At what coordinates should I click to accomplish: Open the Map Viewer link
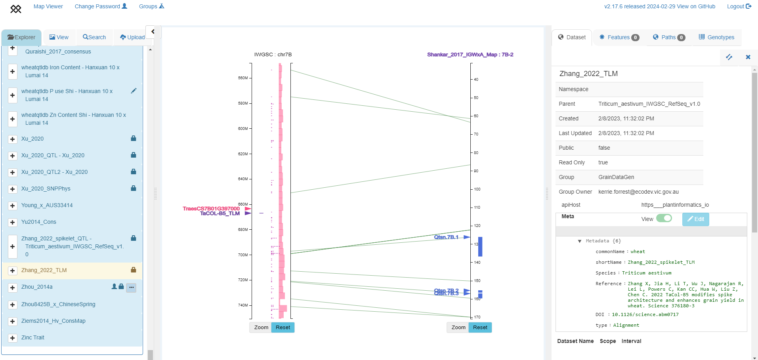click(x=48, y=6)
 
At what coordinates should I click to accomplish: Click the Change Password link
click(x=101, y=6)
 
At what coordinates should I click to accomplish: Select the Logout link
click(x=739, y=6)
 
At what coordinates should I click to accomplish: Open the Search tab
click(x=94, y=37)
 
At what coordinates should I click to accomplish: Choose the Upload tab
click(x=132, y=37)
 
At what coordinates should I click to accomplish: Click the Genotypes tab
click(x=716, y=37)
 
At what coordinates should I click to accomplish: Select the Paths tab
click(x=669, y=37)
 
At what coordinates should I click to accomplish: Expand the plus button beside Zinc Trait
click(x=13, y=338)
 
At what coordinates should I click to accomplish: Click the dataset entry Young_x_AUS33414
click(x=47, y=205)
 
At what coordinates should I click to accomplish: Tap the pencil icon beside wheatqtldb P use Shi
click(x=134, y=91)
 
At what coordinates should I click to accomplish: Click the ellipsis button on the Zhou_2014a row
click(x=131, y=288)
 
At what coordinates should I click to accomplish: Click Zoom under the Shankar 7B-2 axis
click(x=458, y=328)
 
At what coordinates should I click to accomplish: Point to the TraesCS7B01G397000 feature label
click(x=211, y=208)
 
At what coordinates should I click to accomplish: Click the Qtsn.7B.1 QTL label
click(x=446, y=237)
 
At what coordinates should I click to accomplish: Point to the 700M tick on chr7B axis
click(x=243, y=255)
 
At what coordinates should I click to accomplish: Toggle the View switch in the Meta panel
click(x=664, y=219)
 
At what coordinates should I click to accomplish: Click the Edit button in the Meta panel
click(x=695, y=219)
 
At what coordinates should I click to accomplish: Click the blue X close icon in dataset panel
click(x=748, y=57)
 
